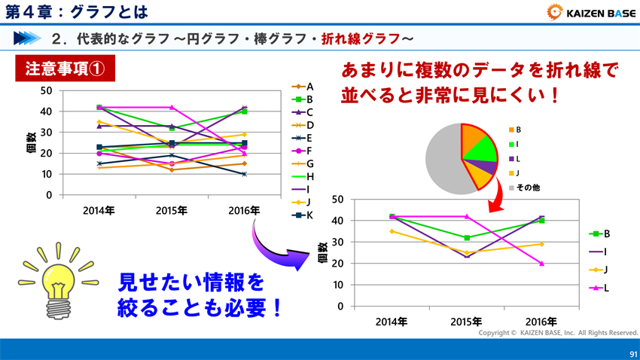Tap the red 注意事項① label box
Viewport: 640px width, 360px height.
coord(65,69)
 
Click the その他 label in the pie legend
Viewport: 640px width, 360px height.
coord(528,188)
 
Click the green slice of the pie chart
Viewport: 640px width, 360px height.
coord(482,150)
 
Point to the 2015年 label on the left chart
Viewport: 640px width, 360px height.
coord(172,210)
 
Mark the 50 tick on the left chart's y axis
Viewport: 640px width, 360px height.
coord(47,90)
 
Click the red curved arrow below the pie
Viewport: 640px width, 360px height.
coord(494,202)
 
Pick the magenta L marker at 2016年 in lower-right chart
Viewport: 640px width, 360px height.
coord(541,264)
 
